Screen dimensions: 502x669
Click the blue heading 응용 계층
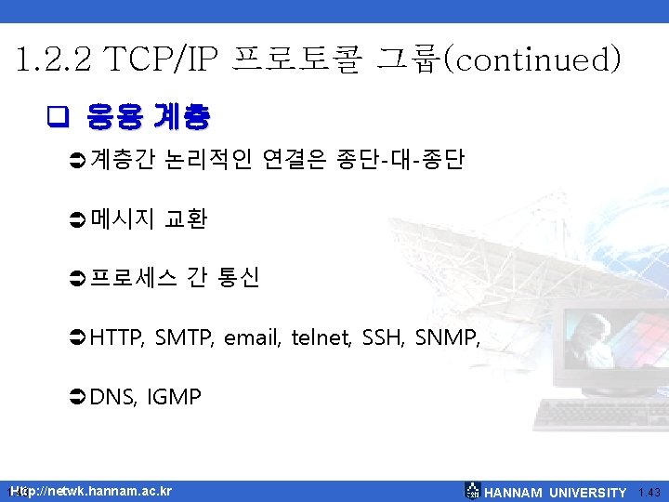[x=148, y=117]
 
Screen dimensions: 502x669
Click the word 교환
[x=185, y=219]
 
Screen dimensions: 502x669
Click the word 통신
[x=238, y=278]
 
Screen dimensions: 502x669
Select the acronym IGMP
[x=174, y=398]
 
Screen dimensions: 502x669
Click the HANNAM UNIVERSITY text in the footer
[x=556, y=493]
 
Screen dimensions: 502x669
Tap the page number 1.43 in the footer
[x=649, y=493]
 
